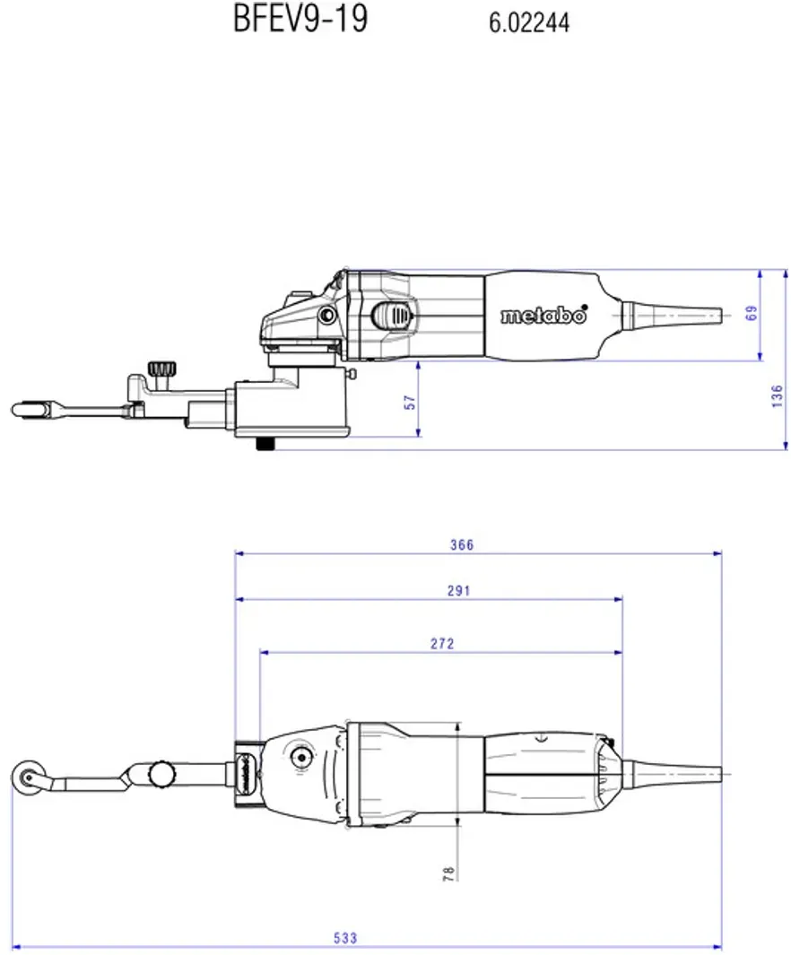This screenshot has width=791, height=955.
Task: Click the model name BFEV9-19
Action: [300, 19]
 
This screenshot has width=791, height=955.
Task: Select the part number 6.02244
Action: [528, 22]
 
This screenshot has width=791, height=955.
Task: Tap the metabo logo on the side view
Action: [543, 315]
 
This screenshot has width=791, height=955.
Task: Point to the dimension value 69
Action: [752, 313]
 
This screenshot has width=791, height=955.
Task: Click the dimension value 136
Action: [777, 395]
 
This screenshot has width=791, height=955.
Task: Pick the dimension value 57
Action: [411, 402]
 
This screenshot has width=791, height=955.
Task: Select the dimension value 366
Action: [462, 544]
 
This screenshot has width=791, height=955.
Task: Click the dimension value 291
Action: [458, 590]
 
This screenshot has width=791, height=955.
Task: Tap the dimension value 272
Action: [442, 643]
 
